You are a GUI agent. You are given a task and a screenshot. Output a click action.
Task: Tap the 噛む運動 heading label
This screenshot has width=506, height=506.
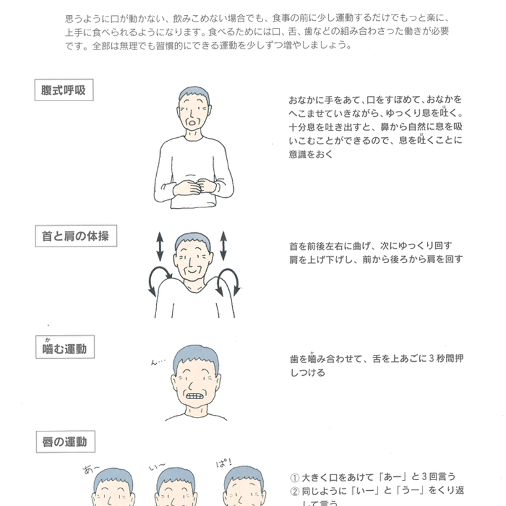pyautogui.click(x=65, y=348)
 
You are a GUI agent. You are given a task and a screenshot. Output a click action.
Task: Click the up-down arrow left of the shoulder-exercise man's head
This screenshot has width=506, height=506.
pyautogui.click(x=159, y=245)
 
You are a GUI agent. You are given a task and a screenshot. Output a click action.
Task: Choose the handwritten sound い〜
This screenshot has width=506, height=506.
pyautogui.click(x=156, y=467)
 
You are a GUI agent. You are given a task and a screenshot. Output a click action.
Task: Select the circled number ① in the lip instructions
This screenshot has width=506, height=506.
pyautogui.click(x=294, y=477)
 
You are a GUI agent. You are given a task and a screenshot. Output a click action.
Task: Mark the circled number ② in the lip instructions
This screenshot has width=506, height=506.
pyautogui.click(x=294, y=490)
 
